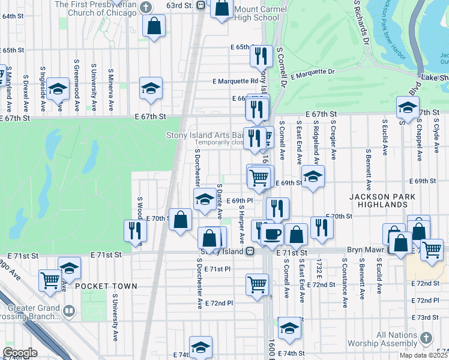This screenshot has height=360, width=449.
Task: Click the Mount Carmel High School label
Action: (257, 13)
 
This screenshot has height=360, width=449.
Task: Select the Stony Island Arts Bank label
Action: (204, 136)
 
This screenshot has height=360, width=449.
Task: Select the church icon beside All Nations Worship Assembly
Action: (426, 338)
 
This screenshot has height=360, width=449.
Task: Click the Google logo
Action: (19, 353)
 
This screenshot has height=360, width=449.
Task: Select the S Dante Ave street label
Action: (220, 201)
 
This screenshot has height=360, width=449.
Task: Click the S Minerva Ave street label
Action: (111, 90)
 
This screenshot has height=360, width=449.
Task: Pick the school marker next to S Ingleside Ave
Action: (58, 89)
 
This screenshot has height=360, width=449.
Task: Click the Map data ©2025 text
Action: (423, 355)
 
